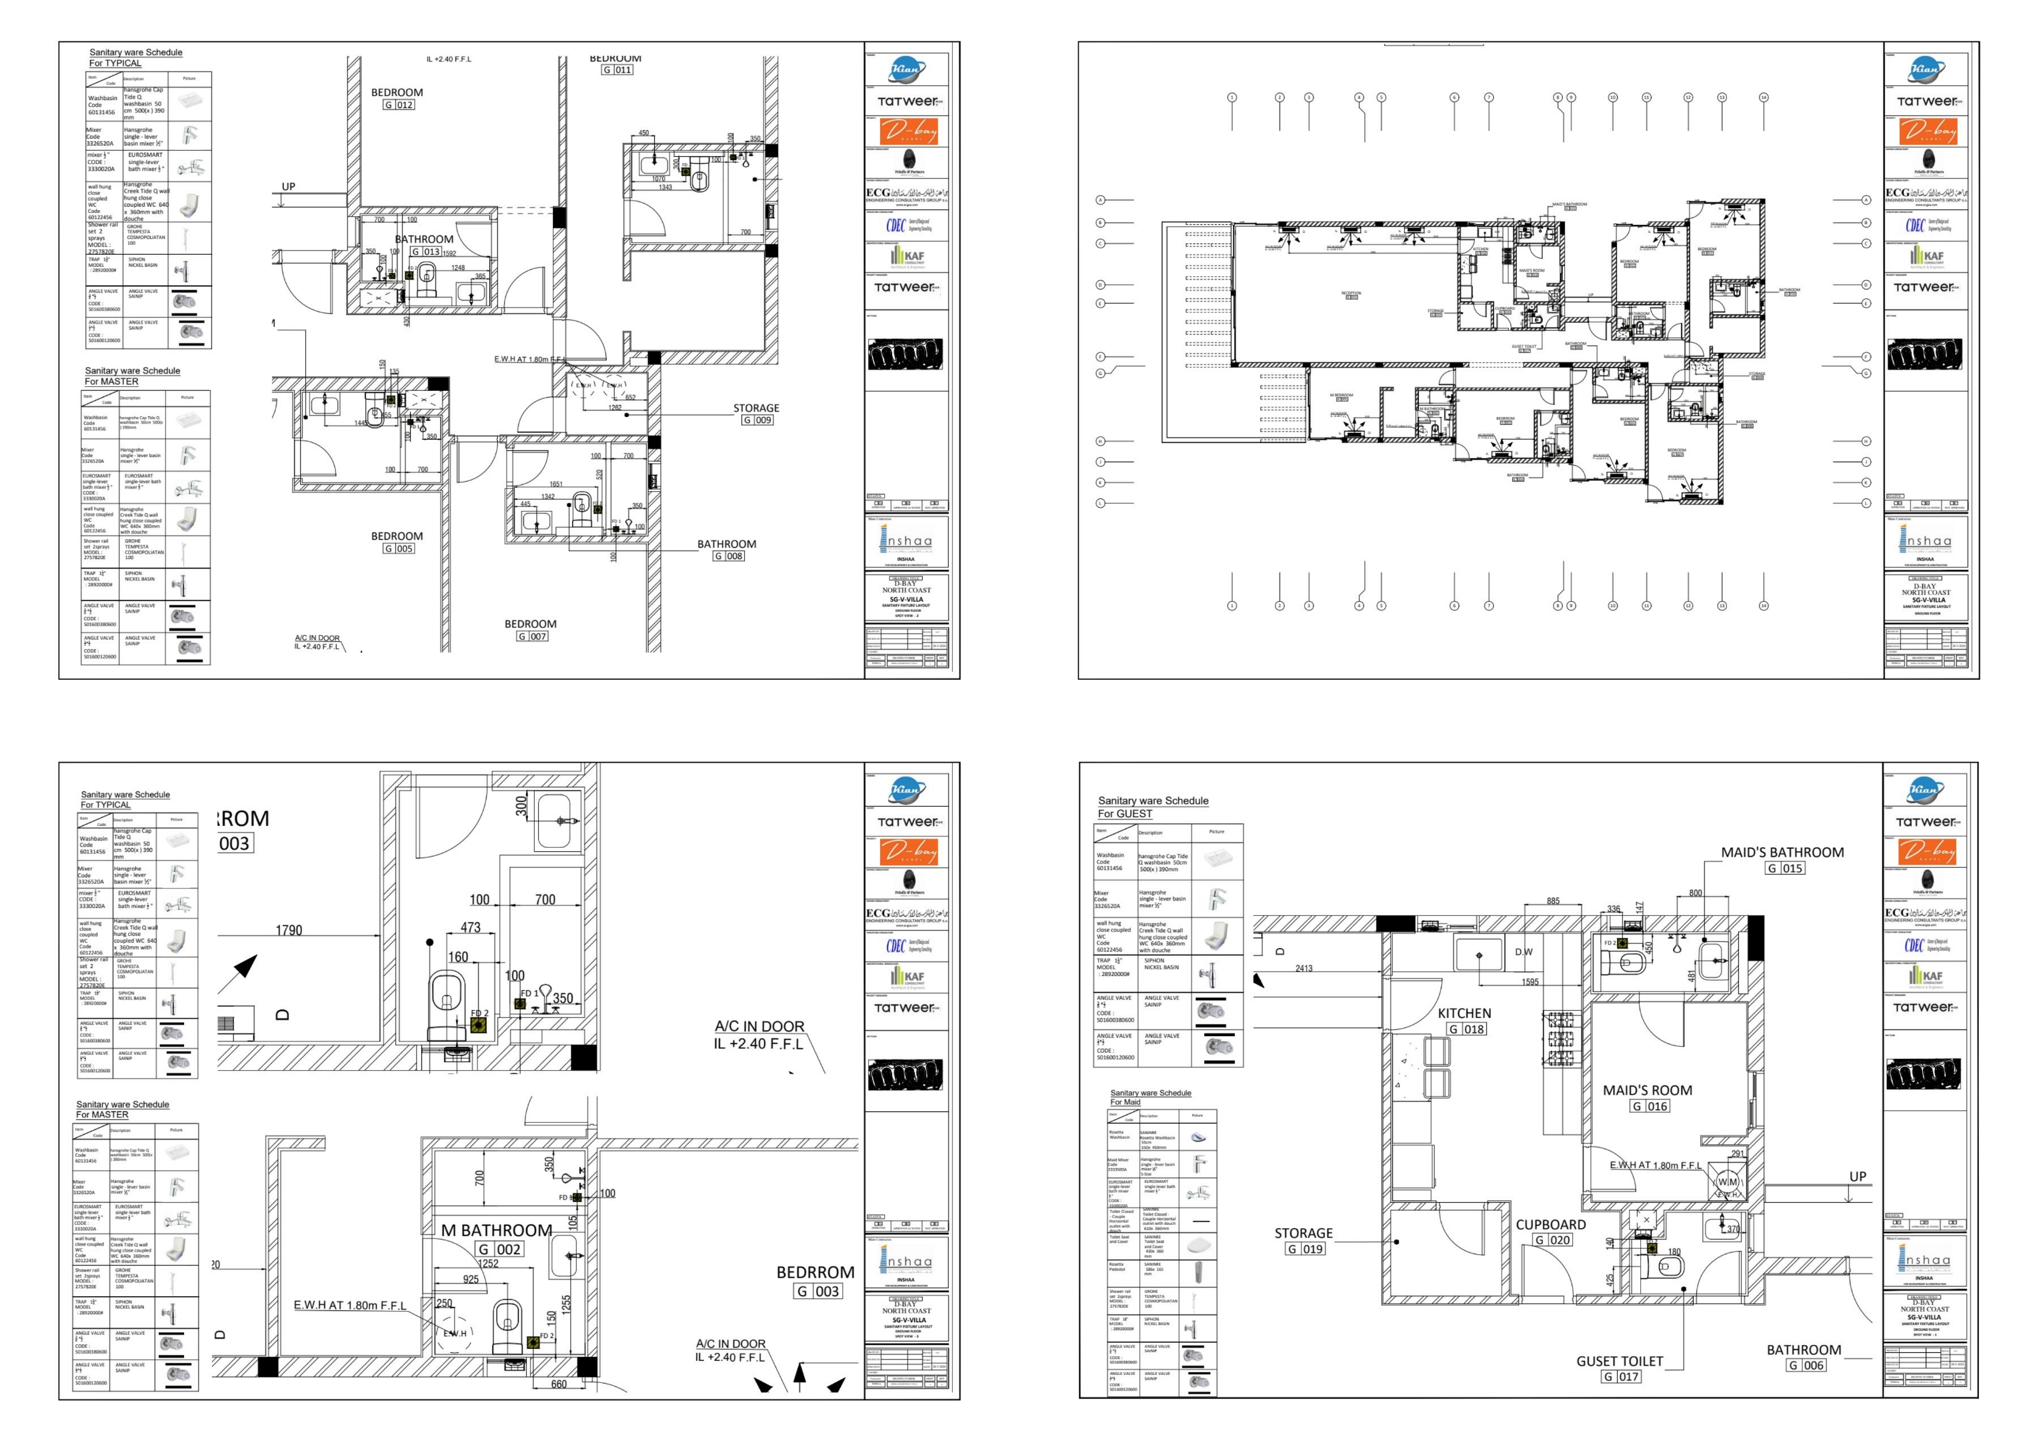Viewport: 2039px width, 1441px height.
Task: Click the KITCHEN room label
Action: click(x=1464, y=1013)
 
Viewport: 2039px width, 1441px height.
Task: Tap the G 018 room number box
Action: click(x=1466, y=1029)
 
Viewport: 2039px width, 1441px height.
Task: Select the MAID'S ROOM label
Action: click(x=1648, y=1090)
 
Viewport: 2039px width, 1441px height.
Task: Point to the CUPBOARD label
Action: click(x=1550, y=1224)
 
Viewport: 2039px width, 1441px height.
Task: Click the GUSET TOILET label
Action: click(x=1619, y=1361)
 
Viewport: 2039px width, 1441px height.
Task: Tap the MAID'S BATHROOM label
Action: click(x=1782, y=852)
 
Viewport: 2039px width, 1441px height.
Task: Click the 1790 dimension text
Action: click(x=289, y=930)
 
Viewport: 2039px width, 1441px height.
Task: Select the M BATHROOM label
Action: click(x=497, y=1230)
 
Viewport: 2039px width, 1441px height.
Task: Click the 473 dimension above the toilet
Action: click(x=470, y=927)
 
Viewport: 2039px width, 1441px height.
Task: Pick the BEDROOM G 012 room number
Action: click(x=399, y=105)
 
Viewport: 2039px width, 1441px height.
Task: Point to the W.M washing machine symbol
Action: click(x=1728, y=1182)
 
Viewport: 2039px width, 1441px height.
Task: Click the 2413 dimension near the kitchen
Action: click(x=1304, y=969)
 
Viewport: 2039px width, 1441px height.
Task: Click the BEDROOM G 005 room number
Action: click(x=399, y=549)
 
